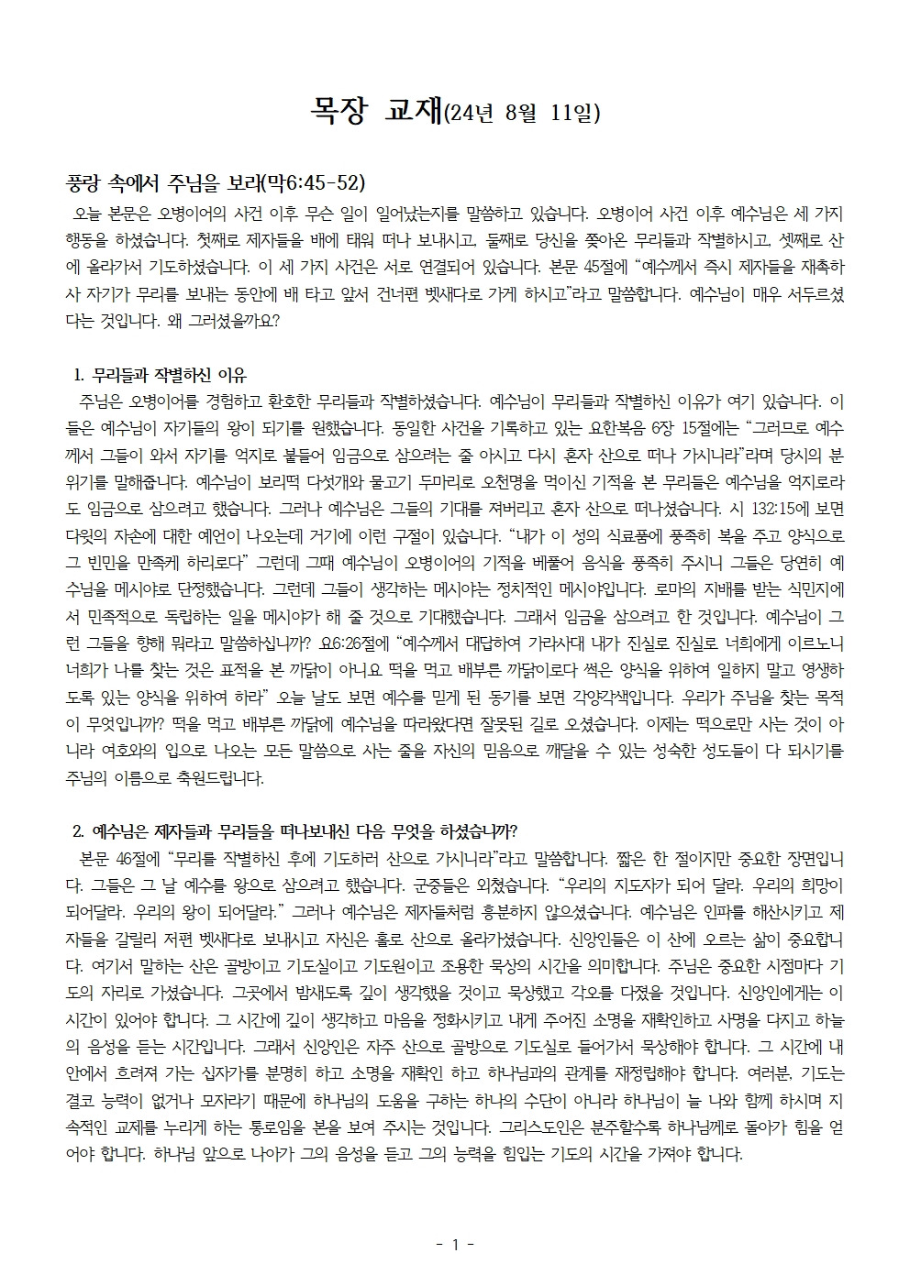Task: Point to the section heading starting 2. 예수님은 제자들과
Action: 294,832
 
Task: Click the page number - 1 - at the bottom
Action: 454,1244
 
